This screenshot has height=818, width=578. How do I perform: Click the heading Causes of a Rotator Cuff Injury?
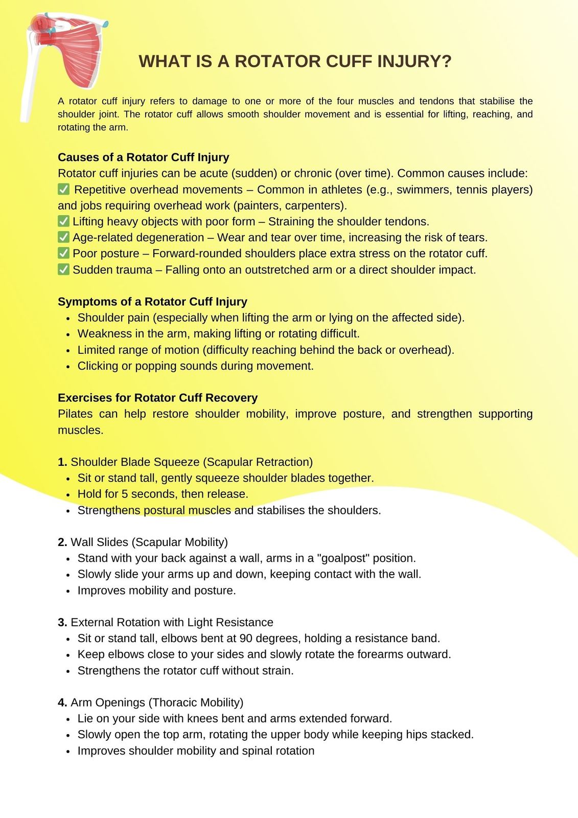143,157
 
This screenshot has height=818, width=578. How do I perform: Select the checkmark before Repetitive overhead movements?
63,189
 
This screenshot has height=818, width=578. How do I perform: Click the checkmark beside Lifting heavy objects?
63,221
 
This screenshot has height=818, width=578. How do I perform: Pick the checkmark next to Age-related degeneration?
63,237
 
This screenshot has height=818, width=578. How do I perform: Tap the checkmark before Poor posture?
63,253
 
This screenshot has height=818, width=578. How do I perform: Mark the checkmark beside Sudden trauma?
63,269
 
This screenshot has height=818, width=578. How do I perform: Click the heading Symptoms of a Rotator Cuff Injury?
152,301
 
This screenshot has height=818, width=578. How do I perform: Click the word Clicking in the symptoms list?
98,366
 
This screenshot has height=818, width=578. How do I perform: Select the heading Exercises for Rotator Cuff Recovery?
157,397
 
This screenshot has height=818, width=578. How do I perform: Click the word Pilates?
75,414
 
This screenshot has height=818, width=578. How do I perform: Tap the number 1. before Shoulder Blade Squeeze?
62,462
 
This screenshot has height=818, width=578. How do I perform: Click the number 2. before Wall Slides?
62,542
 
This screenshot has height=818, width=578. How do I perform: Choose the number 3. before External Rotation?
62,622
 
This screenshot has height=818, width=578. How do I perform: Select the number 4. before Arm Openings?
62,702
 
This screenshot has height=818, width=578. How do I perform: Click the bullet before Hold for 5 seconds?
68,494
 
